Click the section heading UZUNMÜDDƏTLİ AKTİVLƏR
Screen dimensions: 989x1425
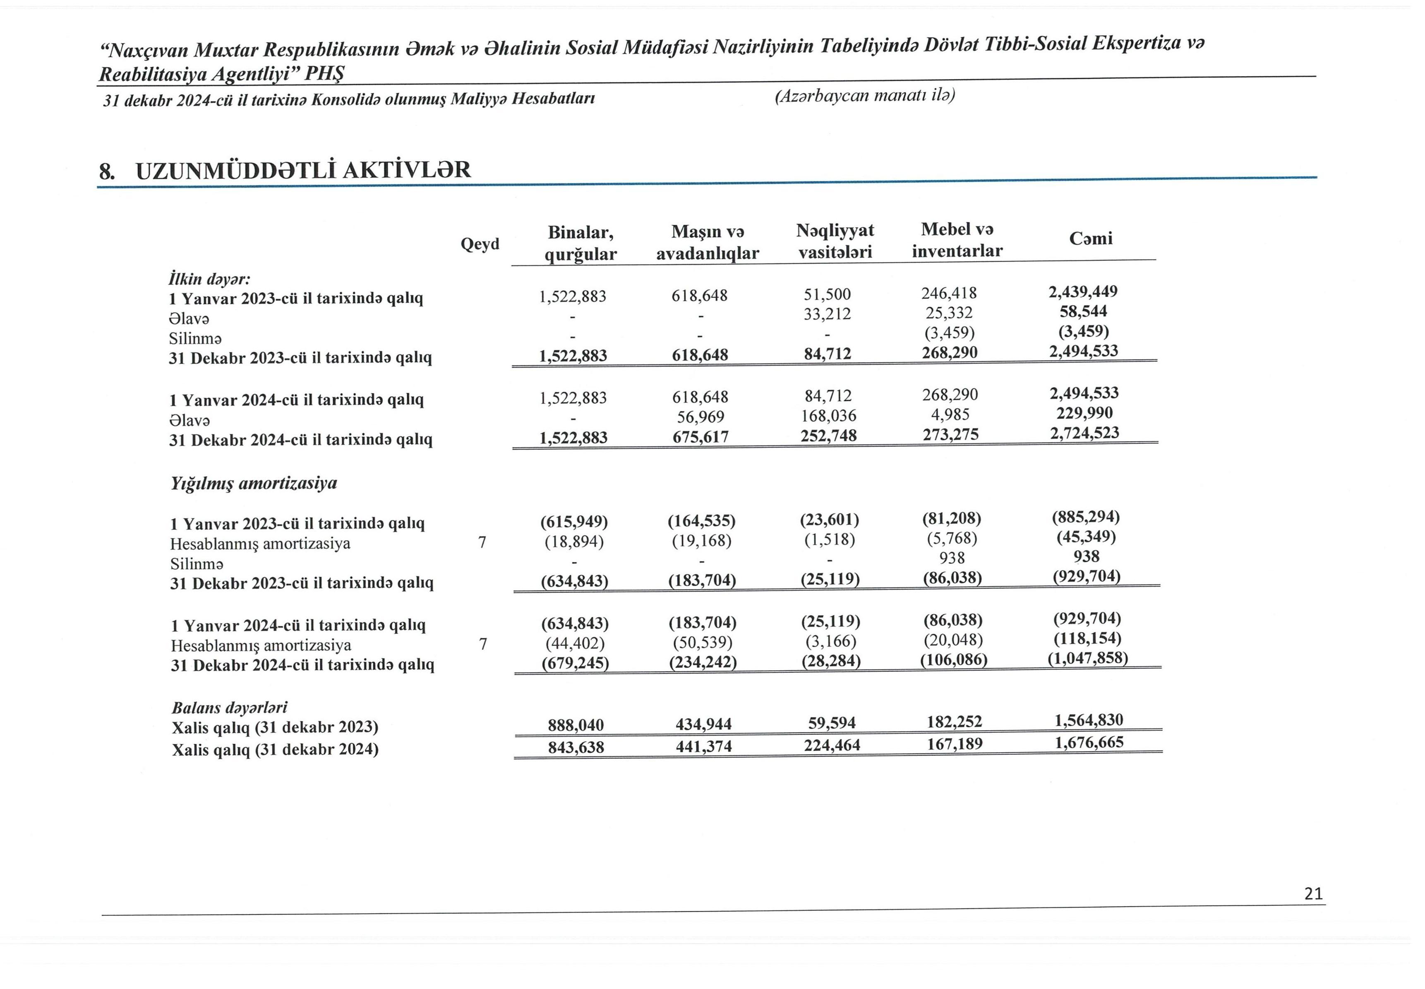303,170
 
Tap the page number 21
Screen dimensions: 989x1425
1313,893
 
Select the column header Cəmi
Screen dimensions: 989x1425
1091,238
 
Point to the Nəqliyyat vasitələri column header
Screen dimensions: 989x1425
835,241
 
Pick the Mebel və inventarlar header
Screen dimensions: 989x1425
957,240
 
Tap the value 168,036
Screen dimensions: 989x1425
829,416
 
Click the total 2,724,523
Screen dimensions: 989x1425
1084,433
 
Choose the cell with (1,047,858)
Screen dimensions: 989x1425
1087,658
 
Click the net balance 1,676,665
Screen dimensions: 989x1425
1089,742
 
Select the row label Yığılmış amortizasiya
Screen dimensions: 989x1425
254,484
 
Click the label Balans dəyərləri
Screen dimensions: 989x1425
229,707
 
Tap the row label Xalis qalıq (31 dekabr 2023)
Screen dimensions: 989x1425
275,727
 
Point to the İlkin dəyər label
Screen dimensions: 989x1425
209,278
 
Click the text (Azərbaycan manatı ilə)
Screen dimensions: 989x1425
864,96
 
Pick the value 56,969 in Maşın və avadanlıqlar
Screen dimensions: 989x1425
701,417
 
